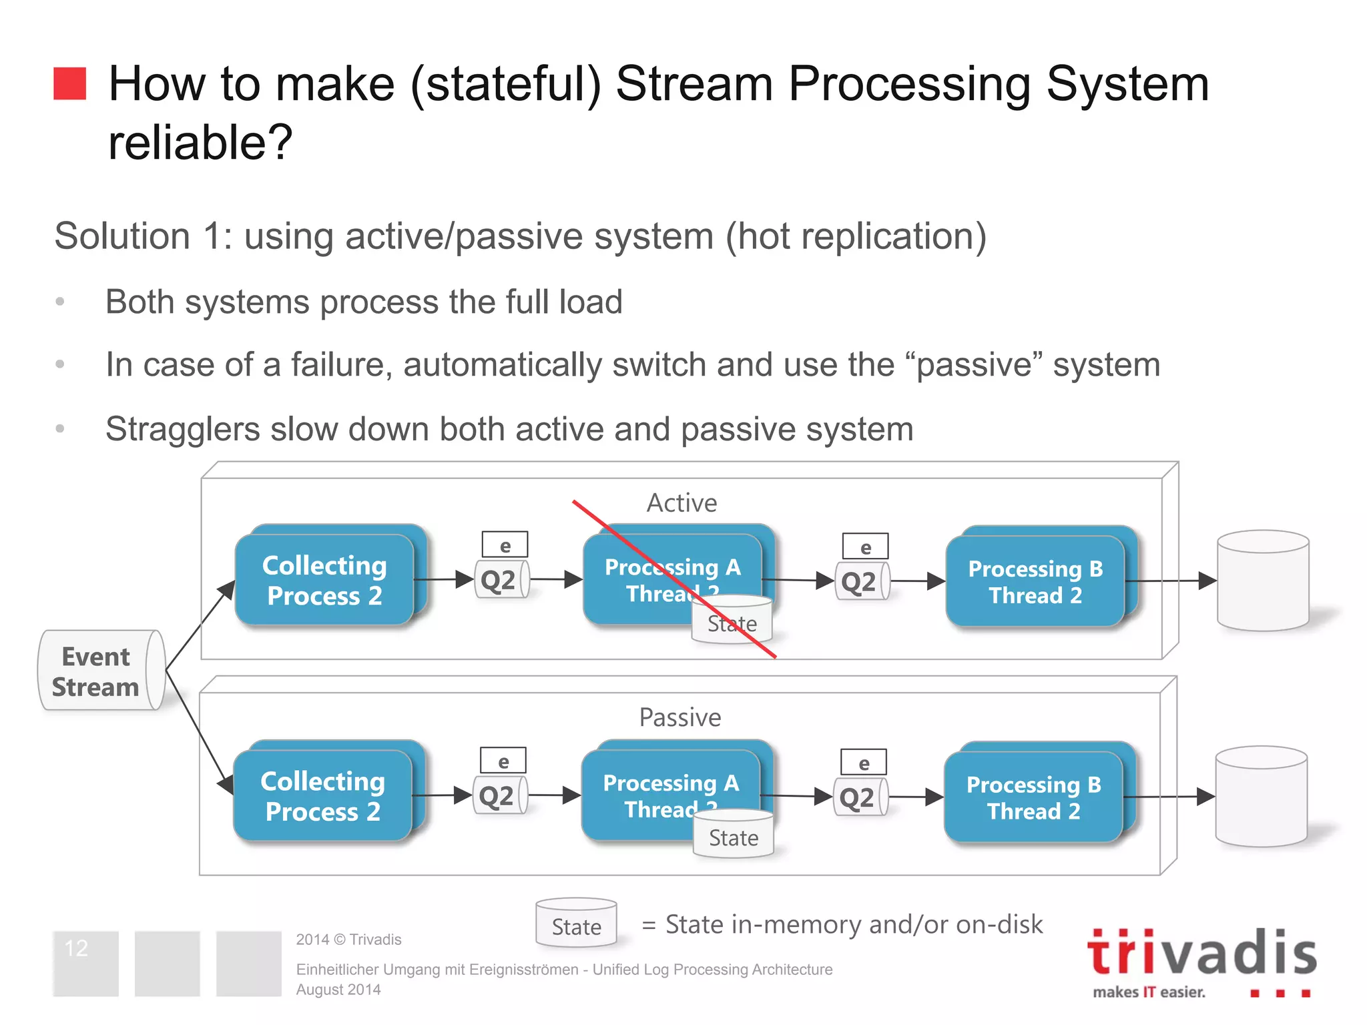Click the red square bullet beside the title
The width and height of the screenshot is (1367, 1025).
pos(69,83)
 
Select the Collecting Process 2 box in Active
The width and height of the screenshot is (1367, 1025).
pos(324,579)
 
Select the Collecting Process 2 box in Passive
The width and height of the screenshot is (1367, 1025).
pos(322,795)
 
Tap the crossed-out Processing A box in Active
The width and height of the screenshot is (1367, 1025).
pos(671,578)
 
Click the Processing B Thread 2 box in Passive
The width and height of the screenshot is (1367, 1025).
pos(1033,797)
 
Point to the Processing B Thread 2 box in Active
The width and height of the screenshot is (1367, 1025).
pos(1035,581)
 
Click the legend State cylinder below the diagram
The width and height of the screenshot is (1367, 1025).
pos(576,924)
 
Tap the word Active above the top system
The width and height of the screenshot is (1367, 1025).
pos(681,502)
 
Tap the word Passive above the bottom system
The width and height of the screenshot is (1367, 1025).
pos(679,717)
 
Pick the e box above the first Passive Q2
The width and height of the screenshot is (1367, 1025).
pos(503,760)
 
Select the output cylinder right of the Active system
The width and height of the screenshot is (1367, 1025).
pos(1262,581)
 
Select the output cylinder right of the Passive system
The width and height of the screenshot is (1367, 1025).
pos(1260,797)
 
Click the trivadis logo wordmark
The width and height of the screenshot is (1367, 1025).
pos(1201,953)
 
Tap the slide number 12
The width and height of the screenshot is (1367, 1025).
pos(77,948)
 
